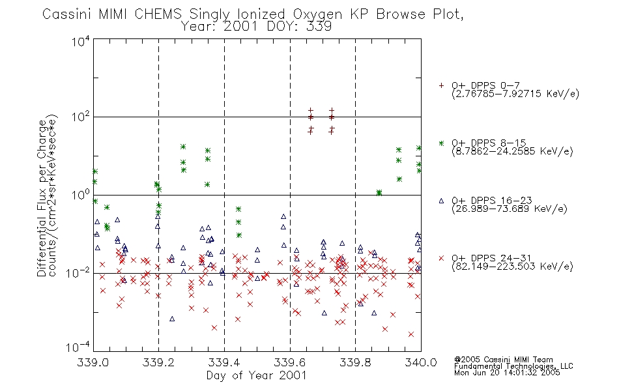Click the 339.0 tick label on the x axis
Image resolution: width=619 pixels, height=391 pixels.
(93, 362)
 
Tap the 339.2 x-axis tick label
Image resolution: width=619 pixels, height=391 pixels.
(158, 362)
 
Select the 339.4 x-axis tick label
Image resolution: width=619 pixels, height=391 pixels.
(224, 362)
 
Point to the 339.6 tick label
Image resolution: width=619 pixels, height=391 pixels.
(290, 362)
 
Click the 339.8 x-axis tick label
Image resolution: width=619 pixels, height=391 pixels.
(355, 362)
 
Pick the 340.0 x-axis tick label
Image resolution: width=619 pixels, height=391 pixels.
(421, 362)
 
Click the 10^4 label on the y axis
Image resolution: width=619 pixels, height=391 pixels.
(81, 41)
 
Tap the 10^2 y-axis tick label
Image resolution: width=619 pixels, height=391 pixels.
(81, 117)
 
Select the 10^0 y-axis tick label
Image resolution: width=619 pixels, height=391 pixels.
(81, 195)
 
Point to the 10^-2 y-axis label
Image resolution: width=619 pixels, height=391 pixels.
(78, 273)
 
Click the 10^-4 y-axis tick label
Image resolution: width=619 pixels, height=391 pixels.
(78, 347)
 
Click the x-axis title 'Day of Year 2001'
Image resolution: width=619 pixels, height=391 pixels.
(257, 375)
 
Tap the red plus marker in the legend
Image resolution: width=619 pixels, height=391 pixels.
(441, 85)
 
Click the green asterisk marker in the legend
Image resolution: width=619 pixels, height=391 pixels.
(441, 143)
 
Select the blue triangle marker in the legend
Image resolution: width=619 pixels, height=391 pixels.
(441, 201)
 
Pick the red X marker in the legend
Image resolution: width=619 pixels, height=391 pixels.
(441, 258)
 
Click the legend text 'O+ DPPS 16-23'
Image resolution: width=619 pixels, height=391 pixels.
(492, 200)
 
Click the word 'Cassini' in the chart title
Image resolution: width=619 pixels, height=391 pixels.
(68, 14)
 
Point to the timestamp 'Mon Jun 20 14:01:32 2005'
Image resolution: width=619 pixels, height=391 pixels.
(507, 373)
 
